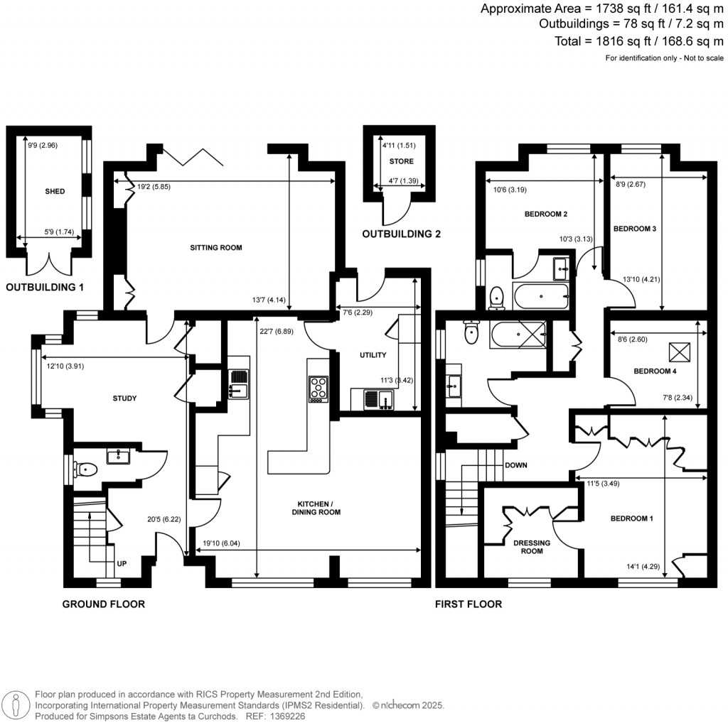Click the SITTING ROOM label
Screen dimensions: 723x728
[x=216, y=249]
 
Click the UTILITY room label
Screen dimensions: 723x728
[x=373, y=355]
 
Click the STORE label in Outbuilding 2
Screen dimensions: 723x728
[x=401, y=161]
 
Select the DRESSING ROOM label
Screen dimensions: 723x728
[x=532, y=547]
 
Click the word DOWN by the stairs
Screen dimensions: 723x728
[x=515, y=466]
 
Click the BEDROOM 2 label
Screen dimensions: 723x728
[x=546, y=214]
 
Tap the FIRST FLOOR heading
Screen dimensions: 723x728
[x=469, y=604]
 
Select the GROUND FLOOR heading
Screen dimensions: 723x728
[x=104, y=604]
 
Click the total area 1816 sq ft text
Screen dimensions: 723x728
[x=641, y=41]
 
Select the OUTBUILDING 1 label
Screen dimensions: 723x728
[x=50, y=288]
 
